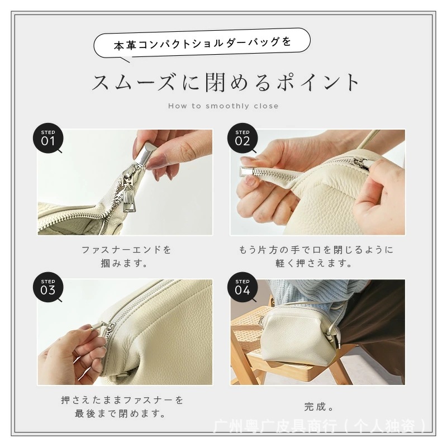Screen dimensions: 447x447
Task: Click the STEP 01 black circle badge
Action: pos(48,138)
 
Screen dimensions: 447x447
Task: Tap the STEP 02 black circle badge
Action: pos(242,138)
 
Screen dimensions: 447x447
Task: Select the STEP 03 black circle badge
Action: pos(48,287)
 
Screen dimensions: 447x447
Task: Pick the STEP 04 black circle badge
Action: pos(242,287)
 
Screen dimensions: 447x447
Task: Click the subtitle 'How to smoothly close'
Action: pos(223,106)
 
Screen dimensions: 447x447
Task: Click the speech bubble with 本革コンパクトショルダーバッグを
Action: pos(202,44)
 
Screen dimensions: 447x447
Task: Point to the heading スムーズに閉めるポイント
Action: pos(225,82)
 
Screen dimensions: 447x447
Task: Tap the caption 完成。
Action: pos(318,407)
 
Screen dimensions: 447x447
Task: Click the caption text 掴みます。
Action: pos(124,263)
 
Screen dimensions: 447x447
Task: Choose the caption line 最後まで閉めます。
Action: pos(120,413)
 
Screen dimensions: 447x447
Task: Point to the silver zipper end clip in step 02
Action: pos(248,172)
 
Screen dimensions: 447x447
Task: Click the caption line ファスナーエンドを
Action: pos(126,250)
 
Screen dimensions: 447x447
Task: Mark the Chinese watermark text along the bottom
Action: pos(320,426)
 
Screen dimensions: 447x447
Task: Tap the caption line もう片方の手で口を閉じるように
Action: pos(316,250)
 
